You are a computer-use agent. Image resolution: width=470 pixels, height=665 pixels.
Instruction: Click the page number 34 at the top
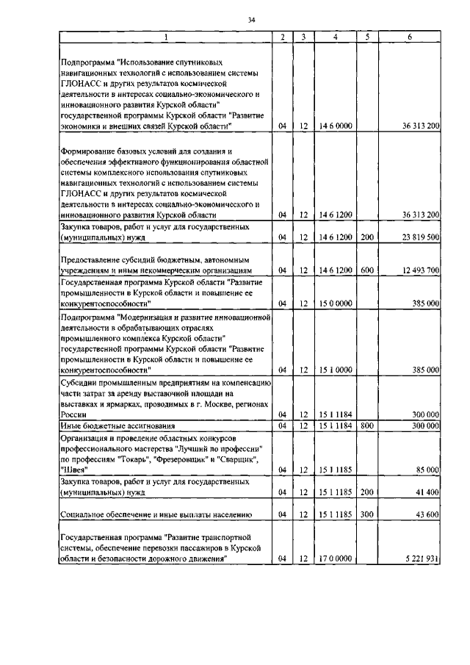(251, 20)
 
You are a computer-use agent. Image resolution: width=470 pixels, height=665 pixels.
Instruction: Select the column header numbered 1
(165, 37)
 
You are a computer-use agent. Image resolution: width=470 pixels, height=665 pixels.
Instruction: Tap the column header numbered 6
(409, 37)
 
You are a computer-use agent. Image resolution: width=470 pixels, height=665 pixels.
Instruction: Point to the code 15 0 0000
(336, 303)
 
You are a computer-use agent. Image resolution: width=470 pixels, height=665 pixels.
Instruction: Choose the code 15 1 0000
(336, 370)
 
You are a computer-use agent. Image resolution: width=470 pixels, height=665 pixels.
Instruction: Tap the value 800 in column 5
(368, 425)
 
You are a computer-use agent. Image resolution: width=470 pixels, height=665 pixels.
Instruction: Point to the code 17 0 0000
(336, 559)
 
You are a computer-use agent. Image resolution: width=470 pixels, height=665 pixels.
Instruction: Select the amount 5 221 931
(421, 559)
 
